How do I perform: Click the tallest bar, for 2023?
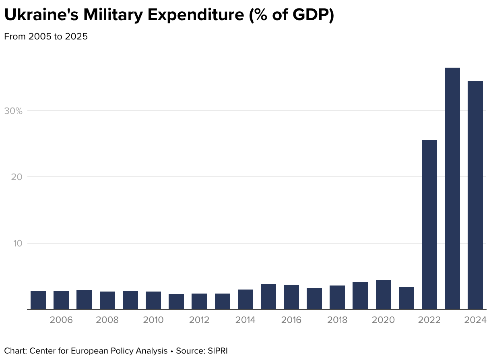(x=452, y=188)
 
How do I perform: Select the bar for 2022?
(x=429, y=224)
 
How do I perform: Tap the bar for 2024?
(x=475, y=195)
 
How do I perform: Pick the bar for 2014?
(x=245, y=299)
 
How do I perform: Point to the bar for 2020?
(x=383, y=295)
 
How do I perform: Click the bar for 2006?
(x=61, y=300)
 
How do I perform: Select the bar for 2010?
(x=153, y=300)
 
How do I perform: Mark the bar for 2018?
(x=337, y=297)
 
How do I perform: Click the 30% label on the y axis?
(x=13, y=111)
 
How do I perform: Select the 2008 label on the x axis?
(x=107, y=321)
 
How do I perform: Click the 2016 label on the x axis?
(x=291, y=321)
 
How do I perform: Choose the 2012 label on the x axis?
(x=199, y=321)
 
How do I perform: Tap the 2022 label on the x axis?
(x=429, y=321)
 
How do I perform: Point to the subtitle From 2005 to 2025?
(x=46, y=37)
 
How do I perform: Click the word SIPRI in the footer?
(x=218, y=351)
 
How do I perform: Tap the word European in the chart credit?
(x=87, y=351)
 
